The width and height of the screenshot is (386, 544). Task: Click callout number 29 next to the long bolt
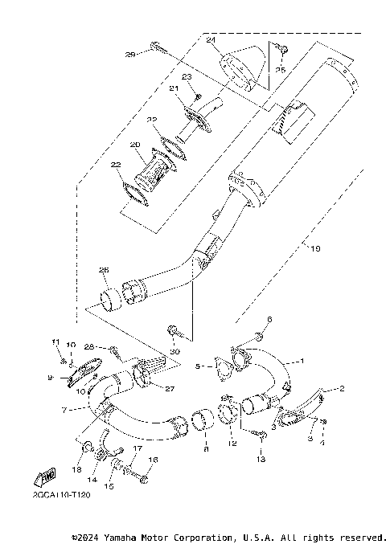[129, 55]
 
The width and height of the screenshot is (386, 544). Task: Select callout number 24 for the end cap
[211, 40]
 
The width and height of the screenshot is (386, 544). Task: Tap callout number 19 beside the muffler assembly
[315, 249]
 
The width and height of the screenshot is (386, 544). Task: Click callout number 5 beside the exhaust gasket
[206, 452]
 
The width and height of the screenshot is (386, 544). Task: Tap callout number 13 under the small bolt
[261, 459]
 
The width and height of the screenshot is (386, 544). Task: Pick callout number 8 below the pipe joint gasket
[206, 452]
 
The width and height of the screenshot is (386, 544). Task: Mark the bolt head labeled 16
[143, 479]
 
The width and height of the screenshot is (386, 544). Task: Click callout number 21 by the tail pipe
[173, 88]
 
